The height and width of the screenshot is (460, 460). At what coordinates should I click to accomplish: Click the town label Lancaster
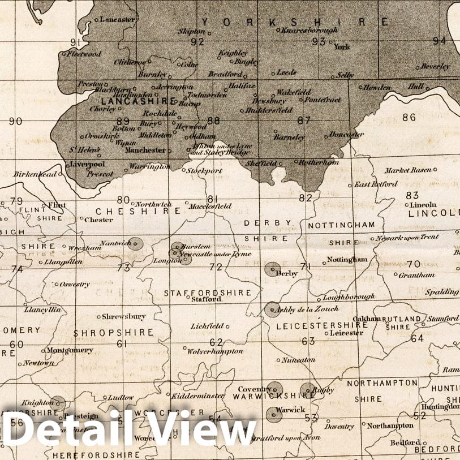click(x=118, y=19)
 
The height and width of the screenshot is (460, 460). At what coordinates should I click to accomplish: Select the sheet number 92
click(x=197, y=41)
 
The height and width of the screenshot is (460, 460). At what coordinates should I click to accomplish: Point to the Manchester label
click(x=146, y=151)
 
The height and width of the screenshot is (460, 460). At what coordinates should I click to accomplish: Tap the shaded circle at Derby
click(x=273, y=269)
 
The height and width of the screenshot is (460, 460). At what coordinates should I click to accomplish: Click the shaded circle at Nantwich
click(x=136, y=244)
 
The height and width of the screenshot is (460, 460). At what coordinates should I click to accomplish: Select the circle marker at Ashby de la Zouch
click(x=272, y=309)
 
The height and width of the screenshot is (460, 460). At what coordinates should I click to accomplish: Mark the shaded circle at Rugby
click(x=308, y=390)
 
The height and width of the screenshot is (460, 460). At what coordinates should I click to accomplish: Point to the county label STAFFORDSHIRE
click(x=207, y=293)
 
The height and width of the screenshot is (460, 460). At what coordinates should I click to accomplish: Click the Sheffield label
click(x=261, y=163)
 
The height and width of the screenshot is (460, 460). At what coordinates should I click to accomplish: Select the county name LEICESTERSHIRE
click(x=322, y=326)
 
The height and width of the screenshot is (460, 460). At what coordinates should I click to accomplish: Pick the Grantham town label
click(x=416, y=275)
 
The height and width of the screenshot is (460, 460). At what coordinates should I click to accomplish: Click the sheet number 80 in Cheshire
click(x=123, y=199)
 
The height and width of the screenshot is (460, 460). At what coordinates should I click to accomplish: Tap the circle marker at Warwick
click(x=274, y=415)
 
